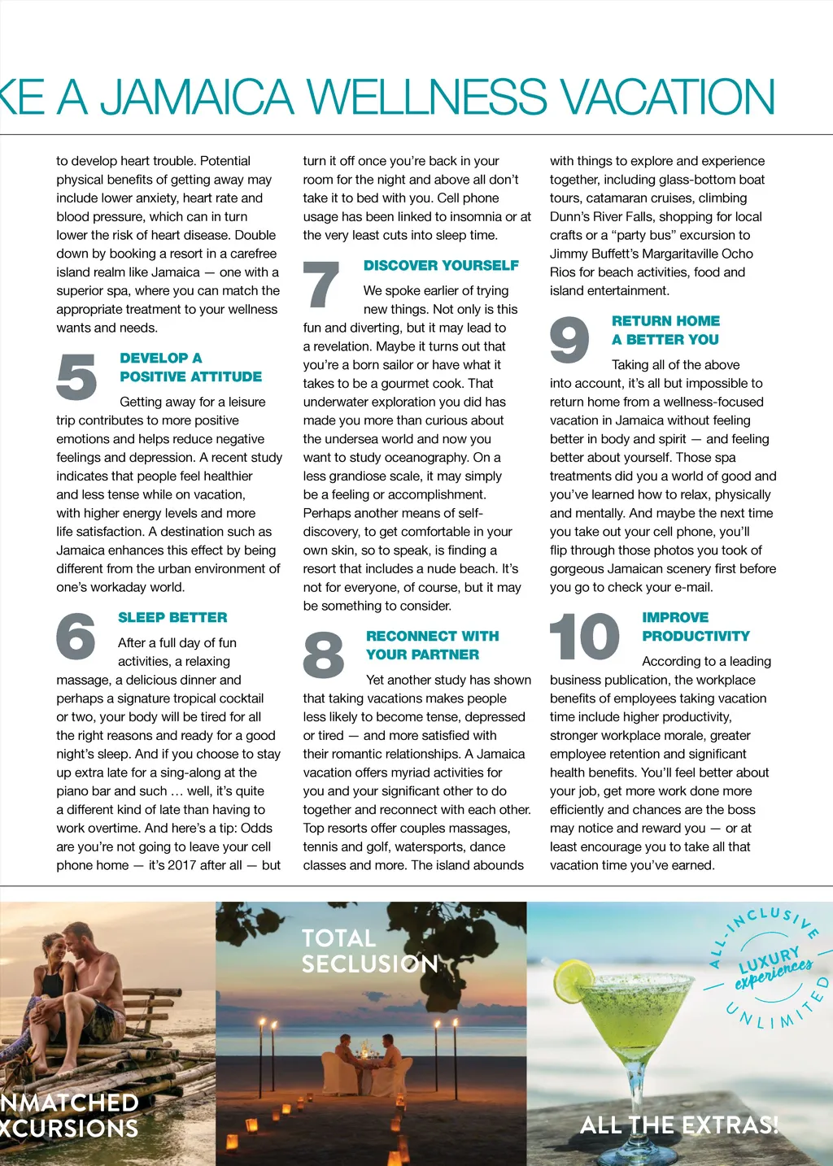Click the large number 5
click(x=76, y=376)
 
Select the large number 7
click(x=321, y=285)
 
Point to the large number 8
click(x=324, y=655)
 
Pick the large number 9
click(x=569, y=340)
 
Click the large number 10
click(x=585, y=637)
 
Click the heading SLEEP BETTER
click(x=172, y=617)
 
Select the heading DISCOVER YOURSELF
click(x=441, y=265)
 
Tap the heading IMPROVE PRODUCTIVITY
click(x=696, y=627)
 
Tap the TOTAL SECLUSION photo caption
click(x=369, y=951)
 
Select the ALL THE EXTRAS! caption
click(x=679, y=1125)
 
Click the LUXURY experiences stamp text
click(x=773, y=968)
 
